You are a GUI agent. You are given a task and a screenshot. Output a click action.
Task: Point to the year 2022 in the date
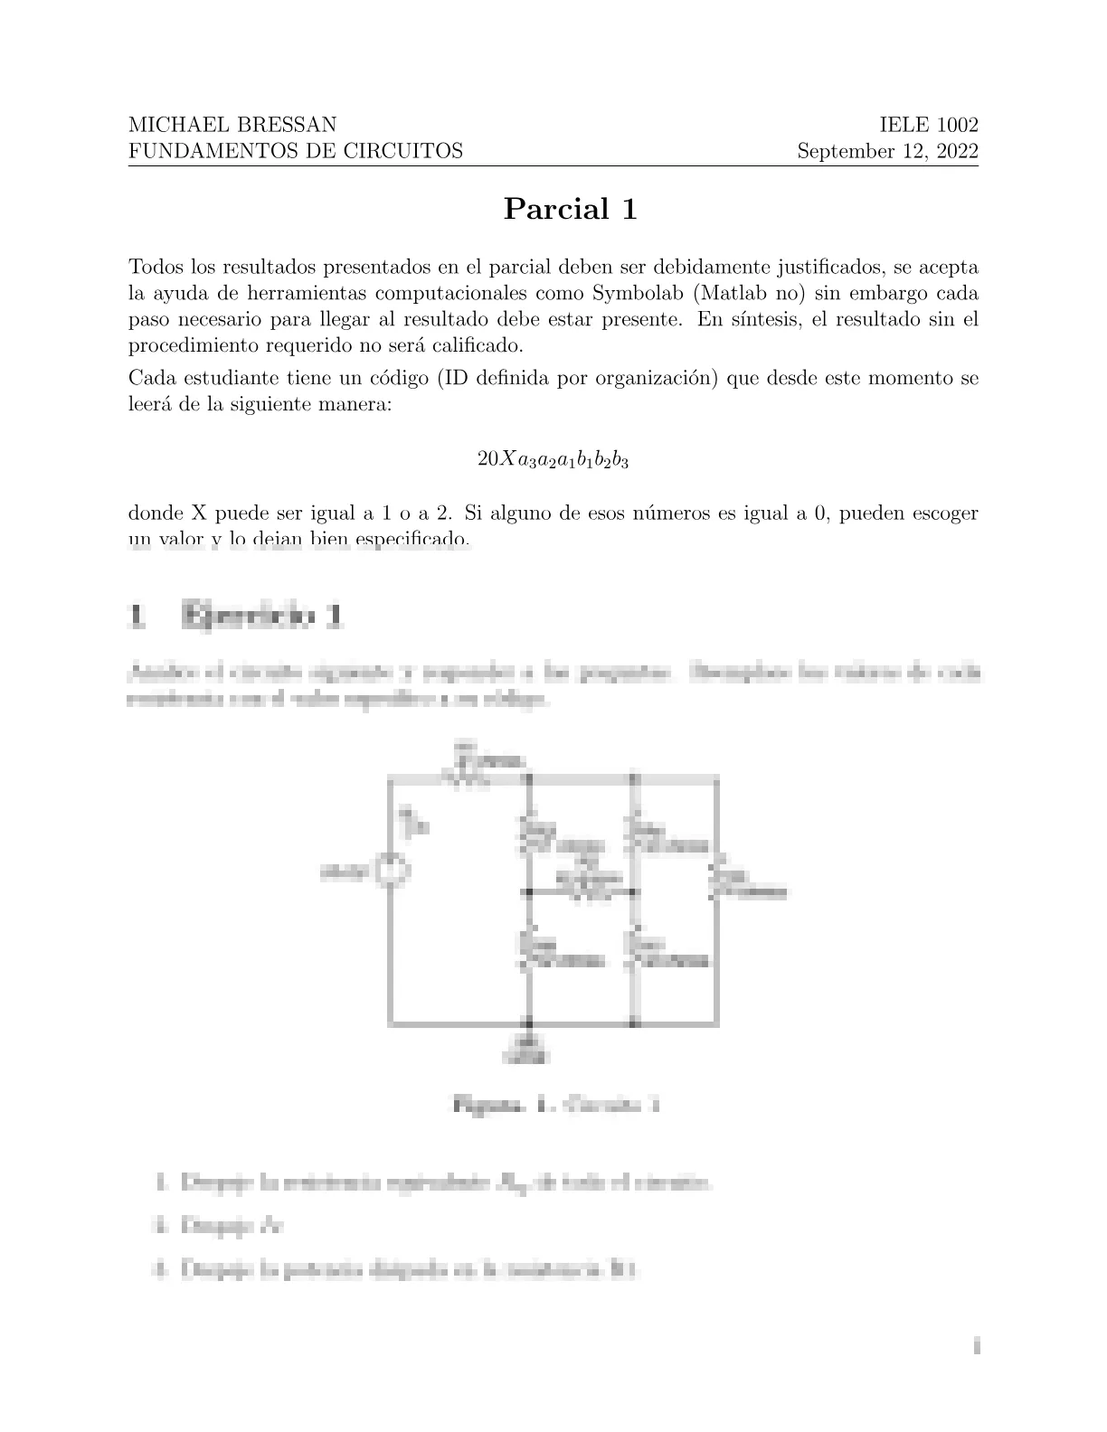(952, 151)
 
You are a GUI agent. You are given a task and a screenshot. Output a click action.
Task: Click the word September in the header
(840, 151)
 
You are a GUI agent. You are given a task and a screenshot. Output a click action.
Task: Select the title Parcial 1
(571, 209)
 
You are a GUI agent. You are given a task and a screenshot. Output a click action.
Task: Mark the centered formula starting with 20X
(553, 459)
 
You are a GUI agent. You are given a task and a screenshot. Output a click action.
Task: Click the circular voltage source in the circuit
(392, 871)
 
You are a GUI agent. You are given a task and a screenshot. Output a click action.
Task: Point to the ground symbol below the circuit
(529, 1045)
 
